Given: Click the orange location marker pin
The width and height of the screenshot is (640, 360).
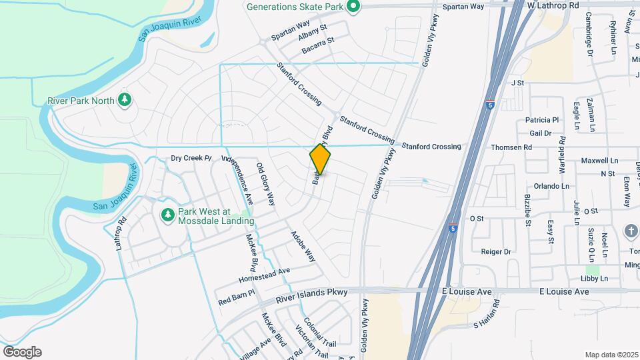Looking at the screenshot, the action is tap(320, 159).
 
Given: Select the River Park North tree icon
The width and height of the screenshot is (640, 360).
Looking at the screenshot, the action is tap(124, 100).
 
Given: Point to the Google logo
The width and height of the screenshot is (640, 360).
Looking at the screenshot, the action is tap(22, 351).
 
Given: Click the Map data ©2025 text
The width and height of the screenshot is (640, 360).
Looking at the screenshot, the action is tap(611, 355).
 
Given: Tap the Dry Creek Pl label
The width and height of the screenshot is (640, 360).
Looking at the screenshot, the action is tap(191, 158).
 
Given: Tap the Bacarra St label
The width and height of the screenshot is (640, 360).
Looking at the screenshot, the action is tap(317, 41).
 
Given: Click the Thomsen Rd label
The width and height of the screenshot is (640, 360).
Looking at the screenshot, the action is tap(511, 147).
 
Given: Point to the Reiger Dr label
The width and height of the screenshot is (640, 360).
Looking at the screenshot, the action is tap(496, 252).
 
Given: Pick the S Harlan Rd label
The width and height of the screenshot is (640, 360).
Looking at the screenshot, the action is tap(486, 325).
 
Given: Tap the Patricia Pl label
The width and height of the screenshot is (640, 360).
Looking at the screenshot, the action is tap(541, 120).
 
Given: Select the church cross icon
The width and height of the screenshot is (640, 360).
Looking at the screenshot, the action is tap(630, 231).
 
